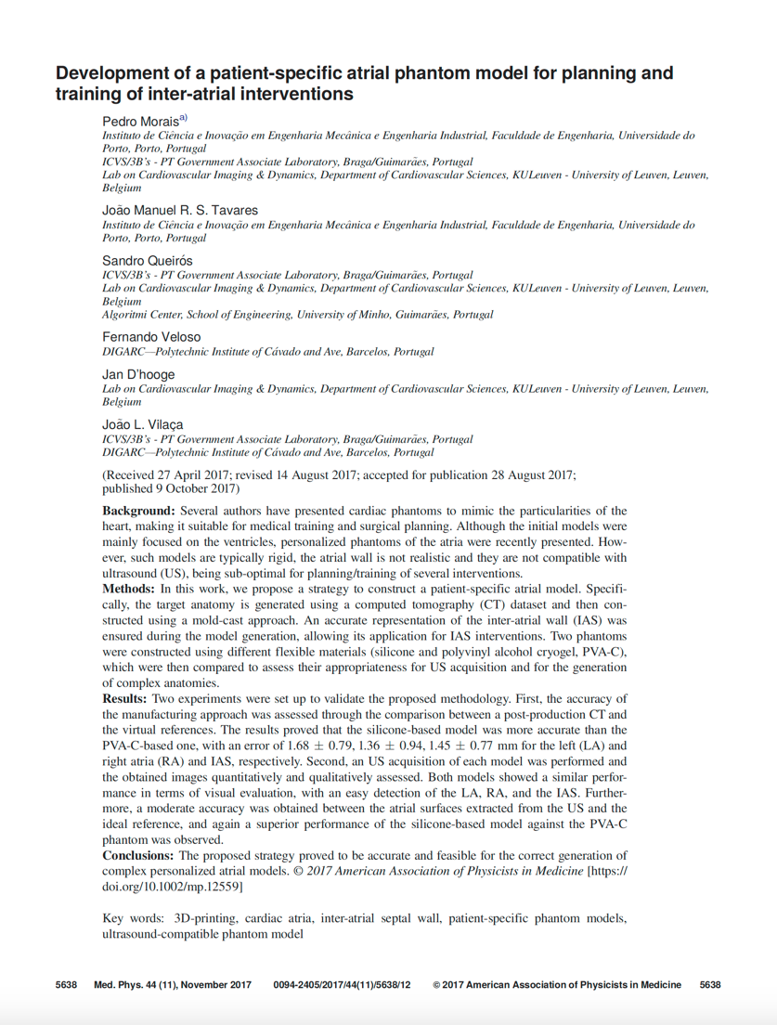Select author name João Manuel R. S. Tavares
[x=179, y=210]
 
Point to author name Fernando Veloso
[x=150, y=337]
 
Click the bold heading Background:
[x=138, y=511]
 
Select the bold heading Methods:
[x=130, y=589]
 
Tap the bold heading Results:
[x=124, y=697]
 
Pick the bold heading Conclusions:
[x=139, y=854]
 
